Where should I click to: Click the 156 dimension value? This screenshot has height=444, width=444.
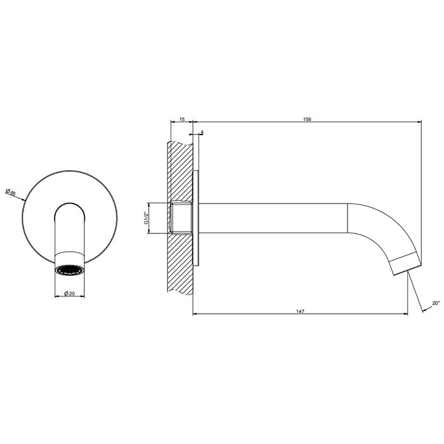[x=307, y=119]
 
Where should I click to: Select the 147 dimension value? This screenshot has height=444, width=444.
[x=300, y=311]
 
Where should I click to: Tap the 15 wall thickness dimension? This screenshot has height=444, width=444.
[x=182, y=119]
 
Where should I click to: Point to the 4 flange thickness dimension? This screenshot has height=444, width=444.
[x=202, y=132]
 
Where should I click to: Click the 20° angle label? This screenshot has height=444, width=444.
[x=436, y=303]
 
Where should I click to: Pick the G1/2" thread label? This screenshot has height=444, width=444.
[x=147, y=218]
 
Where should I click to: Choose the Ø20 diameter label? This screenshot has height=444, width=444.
[x=69, y=294]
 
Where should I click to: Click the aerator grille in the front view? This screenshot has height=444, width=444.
[x=69, y=270]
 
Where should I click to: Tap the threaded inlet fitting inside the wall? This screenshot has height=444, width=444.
[x=181, y=218]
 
